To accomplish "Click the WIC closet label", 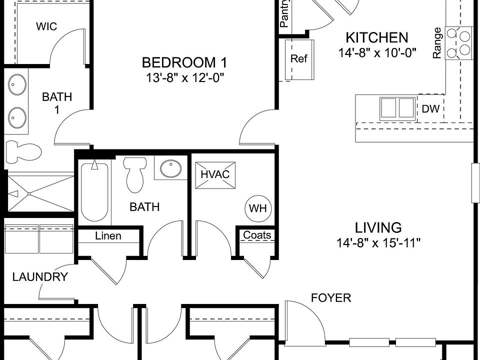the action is point(46,26).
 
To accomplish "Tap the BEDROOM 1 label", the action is point(184,63).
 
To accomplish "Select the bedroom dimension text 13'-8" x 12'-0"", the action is point(185,78).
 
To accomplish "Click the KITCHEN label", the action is point(377,37).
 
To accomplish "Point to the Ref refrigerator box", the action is point(299,59).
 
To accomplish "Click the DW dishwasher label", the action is point(430,108).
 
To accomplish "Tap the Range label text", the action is point(437,43).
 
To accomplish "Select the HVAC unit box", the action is point(215,175).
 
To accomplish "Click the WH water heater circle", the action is point(258,208).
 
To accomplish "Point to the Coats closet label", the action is point(257,235).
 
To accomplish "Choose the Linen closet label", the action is point(108,236).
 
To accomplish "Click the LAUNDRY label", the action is point(40,276).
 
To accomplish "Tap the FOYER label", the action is point(331,297).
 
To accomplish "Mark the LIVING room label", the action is point(378,228).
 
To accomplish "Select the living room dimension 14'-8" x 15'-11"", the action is point(378,243).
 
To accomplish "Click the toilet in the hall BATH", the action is point(134,174).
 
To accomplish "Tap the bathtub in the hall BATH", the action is point(94,192).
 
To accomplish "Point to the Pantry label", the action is point(284,14).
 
